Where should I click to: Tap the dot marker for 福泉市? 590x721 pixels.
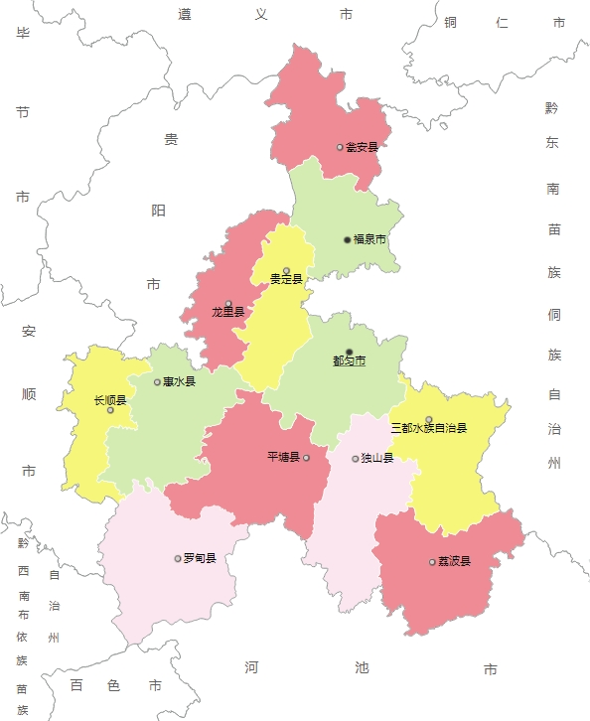click(348, 239)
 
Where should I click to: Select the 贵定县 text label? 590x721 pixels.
click(286, 280)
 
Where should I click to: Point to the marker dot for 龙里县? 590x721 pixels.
click(228, 304)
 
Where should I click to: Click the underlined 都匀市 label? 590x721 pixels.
click(349, 360)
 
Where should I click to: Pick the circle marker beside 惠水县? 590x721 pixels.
click(157, 381)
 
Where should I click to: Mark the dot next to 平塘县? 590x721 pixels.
click(307, 458)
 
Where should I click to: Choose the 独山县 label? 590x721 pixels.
click(377, 459)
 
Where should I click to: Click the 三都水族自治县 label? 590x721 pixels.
click(428, 428)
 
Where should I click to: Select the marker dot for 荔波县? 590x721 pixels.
click(432, 562)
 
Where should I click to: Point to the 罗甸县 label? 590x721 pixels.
click(200, 558)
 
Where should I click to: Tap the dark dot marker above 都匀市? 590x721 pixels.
click(349, 352)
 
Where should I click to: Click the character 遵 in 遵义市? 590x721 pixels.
click(185, 14)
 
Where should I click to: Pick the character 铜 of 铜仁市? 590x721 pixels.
click(450, 22)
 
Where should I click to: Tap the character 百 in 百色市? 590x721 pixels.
click(76, 685)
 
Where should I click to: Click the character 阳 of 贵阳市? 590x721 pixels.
click(159, 211)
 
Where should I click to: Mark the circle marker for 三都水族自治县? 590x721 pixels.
click(429, 419)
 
